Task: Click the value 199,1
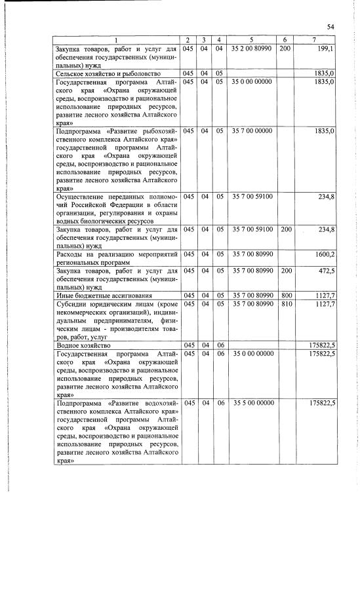click(x=326, y=48)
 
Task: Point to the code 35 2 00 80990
click(x=253, y=48)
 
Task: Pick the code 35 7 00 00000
click(x=253, y=131)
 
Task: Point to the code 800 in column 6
click(x=285, y=294)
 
